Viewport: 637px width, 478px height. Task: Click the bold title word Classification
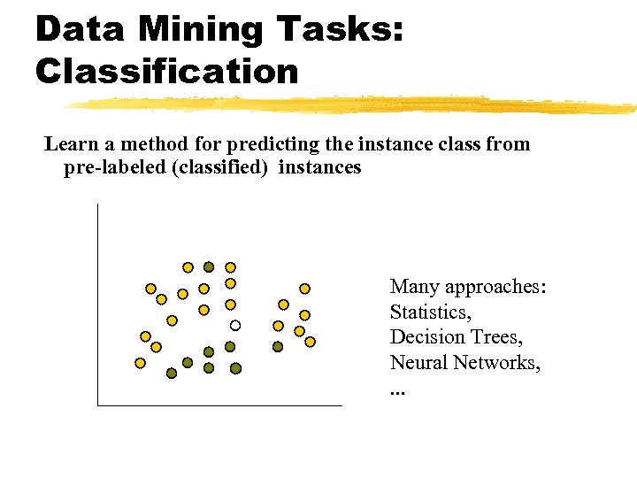[x=167, y=71]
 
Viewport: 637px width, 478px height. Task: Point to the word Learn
[x=71, y=144]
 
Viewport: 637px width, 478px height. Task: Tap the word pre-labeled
[x=114, y=167]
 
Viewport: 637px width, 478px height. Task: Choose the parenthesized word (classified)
[x=226, y=167]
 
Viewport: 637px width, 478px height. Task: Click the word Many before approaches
[x=415, y=287]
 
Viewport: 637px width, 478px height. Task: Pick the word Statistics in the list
[x=430, y=312]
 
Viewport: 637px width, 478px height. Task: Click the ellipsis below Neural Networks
[x=395, y=389]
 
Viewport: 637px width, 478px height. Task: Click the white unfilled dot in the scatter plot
[x=236, y=325]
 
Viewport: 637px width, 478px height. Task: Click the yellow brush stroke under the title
[x=354, y=105]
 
